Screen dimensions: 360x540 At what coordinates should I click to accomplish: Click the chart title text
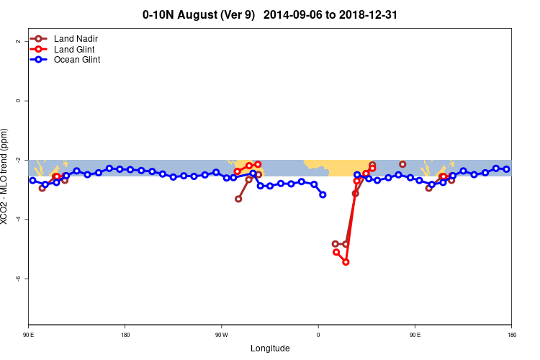[x=270, y=14]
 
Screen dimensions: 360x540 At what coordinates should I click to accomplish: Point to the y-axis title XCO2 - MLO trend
[x=5, y=176]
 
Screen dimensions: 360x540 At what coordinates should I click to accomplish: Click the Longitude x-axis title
[x=270, y=348]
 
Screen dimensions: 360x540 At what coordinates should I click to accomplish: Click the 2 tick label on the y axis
[x=17, y=41]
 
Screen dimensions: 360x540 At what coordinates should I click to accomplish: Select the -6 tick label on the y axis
[x=17, y=278]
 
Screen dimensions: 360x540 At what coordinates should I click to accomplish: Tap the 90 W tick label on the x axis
[x=221, y=335]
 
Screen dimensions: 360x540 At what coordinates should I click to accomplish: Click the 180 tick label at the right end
[x=511, y=335]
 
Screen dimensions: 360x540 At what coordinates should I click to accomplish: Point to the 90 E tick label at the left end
[x=29, y=335]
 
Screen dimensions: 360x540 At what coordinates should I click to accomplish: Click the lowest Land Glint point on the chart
[x=346, y=262]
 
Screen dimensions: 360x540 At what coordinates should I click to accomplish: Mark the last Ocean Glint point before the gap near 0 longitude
[x=323, y=194]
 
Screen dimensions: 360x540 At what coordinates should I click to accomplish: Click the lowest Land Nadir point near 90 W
[x=238, y=199]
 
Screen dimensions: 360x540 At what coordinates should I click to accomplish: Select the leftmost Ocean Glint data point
[x=32, y=180]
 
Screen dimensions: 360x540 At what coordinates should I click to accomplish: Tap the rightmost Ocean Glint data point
[x=507, y=169]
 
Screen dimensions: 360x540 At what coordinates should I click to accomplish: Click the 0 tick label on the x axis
[x=318, y=335]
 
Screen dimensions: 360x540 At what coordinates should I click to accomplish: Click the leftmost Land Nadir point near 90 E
[x=42, y=188]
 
